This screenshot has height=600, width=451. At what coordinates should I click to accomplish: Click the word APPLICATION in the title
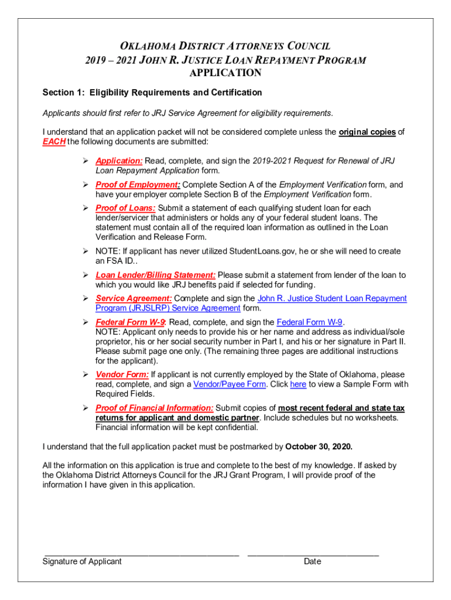click(x=225, y=73)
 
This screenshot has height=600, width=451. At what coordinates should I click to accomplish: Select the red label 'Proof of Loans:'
click(x=125, y=208)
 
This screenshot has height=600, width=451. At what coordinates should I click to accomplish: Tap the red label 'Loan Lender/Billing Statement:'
click(x=156, y=275)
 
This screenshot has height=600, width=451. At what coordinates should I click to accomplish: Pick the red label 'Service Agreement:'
click(x=134, y=298)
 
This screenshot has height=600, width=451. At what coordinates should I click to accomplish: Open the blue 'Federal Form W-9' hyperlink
click(x=309, y=322)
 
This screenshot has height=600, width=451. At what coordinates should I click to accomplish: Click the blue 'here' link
click(x=298, y=384)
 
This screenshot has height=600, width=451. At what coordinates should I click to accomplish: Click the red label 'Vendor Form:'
click(x=122, y=374)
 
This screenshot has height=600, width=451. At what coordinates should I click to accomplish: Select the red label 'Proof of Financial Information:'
click(x=155, y=408)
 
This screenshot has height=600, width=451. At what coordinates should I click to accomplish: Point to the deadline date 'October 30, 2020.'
click(x=319, y=446)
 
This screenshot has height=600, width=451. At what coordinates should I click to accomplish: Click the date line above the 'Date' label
click(x=313, y=554)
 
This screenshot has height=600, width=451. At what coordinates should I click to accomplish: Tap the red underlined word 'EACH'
click(x=54, y=142)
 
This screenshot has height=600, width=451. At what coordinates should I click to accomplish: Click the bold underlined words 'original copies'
click(x=367, y=132)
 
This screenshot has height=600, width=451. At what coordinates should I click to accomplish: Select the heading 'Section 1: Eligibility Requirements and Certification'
click(x=152, y=93)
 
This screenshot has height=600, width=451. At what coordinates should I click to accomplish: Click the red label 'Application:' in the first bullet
click(x=119, y=161)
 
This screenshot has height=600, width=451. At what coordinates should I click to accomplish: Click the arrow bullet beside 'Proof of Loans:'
click(x=86, y=208)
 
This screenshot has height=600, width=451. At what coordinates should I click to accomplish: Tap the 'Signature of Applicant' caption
click(x=82, y=561)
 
